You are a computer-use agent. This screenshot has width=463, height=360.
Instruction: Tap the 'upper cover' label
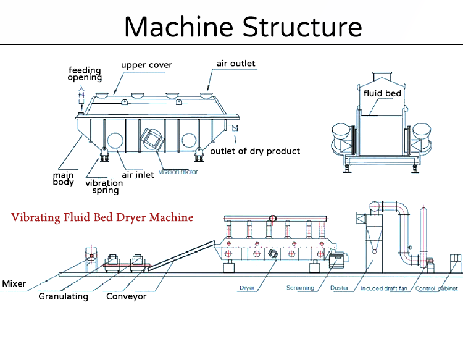point(146,65)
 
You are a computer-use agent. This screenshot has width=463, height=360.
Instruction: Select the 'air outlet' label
point(235,63)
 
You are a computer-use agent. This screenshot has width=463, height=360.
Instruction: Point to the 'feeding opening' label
point(85,73)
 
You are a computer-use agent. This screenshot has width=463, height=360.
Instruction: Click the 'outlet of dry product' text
point(255,151)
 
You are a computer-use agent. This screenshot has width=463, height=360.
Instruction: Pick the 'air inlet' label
point(138,175)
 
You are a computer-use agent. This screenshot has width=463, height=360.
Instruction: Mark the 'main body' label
point(64,178)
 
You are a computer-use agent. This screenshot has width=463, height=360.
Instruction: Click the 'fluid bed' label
point(382,94)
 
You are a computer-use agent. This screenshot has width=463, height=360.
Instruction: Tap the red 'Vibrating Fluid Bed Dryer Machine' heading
point(102,217)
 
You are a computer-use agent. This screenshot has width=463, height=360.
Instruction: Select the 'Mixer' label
point(14,284)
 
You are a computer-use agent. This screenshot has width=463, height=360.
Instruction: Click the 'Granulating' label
point(63,296)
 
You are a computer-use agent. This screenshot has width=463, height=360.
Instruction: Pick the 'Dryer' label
point(247,288)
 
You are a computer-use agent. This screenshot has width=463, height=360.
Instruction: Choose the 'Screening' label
point(300,288)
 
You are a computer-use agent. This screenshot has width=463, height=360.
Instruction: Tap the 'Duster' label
point(339,288)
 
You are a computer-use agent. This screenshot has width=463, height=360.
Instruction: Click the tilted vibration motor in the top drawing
point(154,140)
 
